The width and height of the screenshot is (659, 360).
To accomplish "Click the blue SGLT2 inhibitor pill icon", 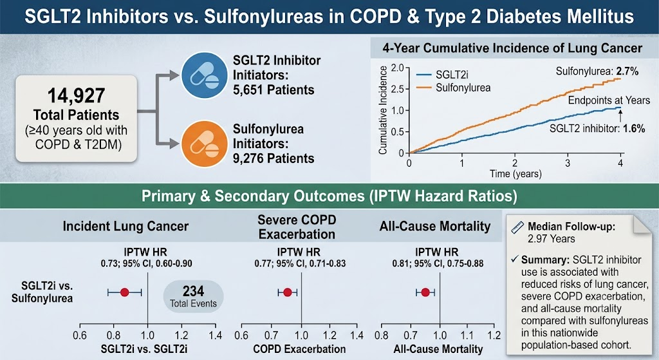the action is coord(205,75).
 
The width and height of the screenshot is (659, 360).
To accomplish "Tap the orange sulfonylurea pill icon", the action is coord(205,144).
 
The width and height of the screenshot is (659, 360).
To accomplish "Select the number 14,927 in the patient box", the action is coord(76,95).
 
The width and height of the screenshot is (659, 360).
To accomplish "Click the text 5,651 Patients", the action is coord(274,90).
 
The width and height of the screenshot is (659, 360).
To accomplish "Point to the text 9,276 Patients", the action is coord(274,158).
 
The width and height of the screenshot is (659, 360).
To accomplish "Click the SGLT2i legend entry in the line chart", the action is coord(442,75).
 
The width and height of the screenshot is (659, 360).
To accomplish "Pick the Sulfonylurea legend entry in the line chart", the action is coord(454,88).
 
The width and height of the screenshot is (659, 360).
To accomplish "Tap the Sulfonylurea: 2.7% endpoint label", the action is coord(597,71).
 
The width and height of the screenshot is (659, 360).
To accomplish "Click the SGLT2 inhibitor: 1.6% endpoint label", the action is coord(597,129).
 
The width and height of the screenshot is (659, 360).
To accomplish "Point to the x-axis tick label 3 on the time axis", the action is coord(568,163).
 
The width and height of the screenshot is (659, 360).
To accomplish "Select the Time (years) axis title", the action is coord(515,174).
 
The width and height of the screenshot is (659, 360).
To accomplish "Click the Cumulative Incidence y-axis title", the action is coord(383,110).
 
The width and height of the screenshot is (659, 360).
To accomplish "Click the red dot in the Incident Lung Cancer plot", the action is coord(124,292).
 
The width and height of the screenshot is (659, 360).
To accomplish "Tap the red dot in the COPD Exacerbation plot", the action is coord(288,292).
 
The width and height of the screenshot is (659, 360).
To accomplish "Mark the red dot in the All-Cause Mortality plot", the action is coord(425,292).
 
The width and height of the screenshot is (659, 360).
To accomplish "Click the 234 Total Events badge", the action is coord(193,296).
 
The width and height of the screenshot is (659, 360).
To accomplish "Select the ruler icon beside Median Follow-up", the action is coord(517,227).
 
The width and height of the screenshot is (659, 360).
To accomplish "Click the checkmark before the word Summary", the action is coord(515,259).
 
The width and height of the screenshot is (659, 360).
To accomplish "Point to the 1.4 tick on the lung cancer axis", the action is coord(215,335).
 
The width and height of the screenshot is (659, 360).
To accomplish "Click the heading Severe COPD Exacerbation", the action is coord(297,227).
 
